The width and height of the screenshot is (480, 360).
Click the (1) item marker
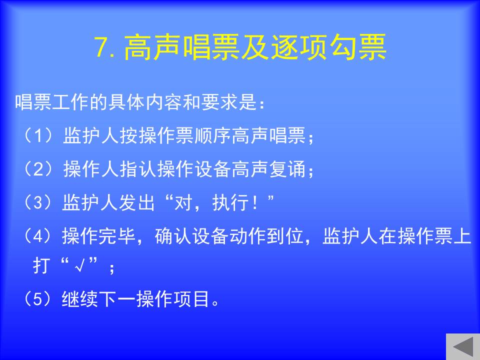pyautogui.click(x=38, y=135)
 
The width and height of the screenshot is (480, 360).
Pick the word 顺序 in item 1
pyautogui.click(x=212, y=135)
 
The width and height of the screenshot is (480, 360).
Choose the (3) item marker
pyautogui.click(x=38, y=202)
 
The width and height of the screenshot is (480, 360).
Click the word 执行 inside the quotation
pyautogui.click(x=230, y=202)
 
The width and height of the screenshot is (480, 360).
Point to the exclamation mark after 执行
pyautogui.click(x=254, y=203)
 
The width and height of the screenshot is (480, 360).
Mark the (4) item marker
pyautogui.click(x=38, y=236)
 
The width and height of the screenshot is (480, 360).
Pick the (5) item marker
pyautogui.click(x=38, y=299)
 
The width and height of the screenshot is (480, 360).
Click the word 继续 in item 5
pyautogui.click(x=80, y=299)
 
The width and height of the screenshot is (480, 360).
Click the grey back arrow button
pyautogui.click(x=463, y=347)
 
